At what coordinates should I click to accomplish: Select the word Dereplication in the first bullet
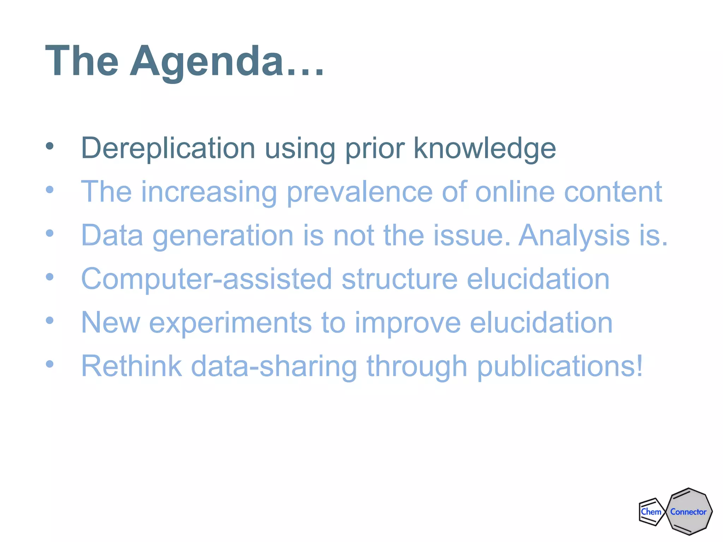pos(168,148)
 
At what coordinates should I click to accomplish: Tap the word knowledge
pos(484,148)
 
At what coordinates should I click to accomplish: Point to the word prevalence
pos(359,192)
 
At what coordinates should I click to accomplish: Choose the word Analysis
pos(574,235)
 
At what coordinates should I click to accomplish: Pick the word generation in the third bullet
pos(223,236)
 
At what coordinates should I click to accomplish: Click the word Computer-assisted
pos(207,279)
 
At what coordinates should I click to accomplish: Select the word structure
pos(400,279)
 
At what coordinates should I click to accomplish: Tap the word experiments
pos(231,323)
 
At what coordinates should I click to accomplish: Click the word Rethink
pos(131,366)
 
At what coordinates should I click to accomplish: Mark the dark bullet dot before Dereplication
pos(50,146)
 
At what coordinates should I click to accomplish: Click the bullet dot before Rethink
pos(50,364)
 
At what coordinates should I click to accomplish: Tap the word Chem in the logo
pos(651,512)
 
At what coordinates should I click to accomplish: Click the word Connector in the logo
pos(688,512)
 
